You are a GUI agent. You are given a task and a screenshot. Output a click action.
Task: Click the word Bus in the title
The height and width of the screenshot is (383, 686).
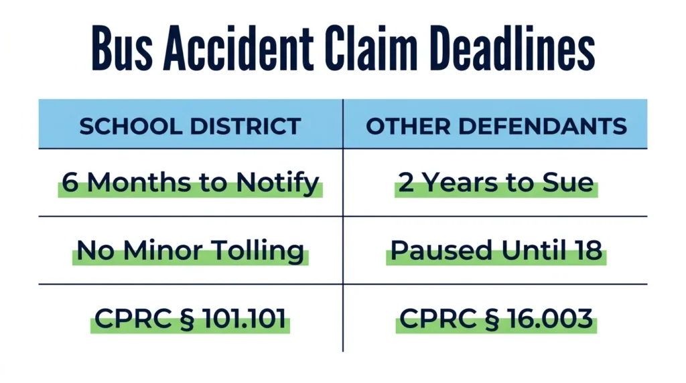(x=122, y=48)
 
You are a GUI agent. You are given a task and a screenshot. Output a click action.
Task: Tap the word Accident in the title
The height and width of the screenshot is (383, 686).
(x=238, y=48)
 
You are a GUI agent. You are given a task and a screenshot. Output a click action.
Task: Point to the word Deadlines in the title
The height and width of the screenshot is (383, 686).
(x=512, y=48)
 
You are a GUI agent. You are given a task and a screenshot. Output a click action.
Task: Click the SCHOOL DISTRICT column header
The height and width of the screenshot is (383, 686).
(x=190, y=127)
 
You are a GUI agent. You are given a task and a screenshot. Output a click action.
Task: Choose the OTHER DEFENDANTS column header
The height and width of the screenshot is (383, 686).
(x=496, y=127)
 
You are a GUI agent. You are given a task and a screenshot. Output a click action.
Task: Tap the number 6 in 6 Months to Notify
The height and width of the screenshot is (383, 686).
(x=70, y=182)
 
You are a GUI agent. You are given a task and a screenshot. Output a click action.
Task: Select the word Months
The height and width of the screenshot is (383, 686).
(x=139, y=182)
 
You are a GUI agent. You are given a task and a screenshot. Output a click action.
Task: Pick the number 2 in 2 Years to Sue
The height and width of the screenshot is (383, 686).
(x=405, y=182)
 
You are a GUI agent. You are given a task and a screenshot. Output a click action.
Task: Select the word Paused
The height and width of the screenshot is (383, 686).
(x=441, y=250)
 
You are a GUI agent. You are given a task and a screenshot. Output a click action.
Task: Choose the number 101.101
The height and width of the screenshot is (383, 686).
(x=244, y=318)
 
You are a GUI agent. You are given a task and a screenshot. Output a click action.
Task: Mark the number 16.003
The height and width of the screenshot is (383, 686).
(x=549, y=318)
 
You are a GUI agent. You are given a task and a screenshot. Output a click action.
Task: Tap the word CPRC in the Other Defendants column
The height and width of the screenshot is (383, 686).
(x=437, y=318)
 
